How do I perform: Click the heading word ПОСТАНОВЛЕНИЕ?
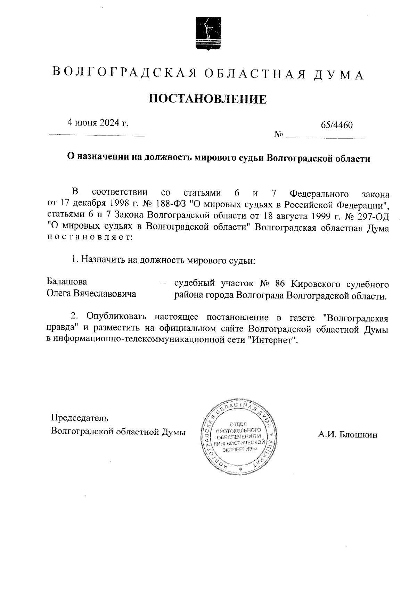tap(208, 99)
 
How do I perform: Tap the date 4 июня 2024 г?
tap(98, 123)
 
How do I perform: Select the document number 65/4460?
tap(337, 125)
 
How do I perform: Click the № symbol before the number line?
tap(278, 134)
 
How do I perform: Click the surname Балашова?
tap(67, 281)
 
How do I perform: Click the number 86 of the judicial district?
tap(279, 284)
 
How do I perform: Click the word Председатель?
tap(80, 417)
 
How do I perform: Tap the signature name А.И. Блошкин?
tap(347, 435)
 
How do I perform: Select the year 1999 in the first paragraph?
tap(323, 216)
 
